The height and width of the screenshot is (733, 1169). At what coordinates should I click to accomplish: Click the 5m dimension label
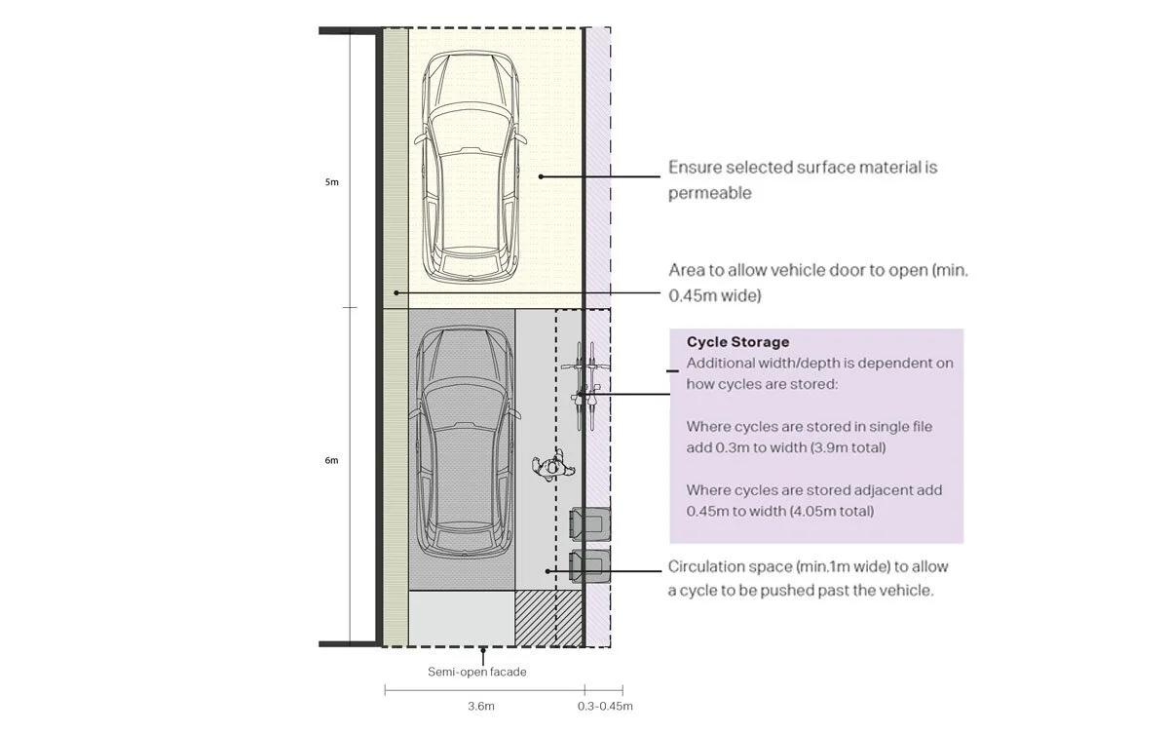(x=332, y=182)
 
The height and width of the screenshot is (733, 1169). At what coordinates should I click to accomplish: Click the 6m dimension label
(x=332, y=460)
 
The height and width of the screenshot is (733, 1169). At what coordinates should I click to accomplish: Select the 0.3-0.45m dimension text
(x=605, y=706)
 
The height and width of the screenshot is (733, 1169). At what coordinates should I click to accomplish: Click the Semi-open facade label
(x=477, y=672)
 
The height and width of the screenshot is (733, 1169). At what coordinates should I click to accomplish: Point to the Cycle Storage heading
(x=737, y=342)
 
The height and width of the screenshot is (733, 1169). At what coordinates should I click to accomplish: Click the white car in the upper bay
(x=467, y=168)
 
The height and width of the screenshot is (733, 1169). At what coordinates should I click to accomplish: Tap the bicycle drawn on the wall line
(x=584, y=387)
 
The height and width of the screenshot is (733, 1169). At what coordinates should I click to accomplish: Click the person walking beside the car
(x=549, y=465)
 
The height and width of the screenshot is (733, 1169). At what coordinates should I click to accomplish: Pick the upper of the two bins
(x=589, y=524)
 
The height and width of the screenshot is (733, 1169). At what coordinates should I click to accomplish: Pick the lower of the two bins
(x=589, y=566)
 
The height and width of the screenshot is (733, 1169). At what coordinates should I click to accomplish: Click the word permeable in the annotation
(x=709, y=193)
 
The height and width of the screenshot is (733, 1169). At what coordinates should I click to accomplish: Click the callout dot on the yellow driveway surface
(x=541, y=176)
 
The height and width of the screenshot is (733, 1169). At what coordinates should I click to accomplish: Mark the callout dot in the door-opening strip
(x=396, y=292)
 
